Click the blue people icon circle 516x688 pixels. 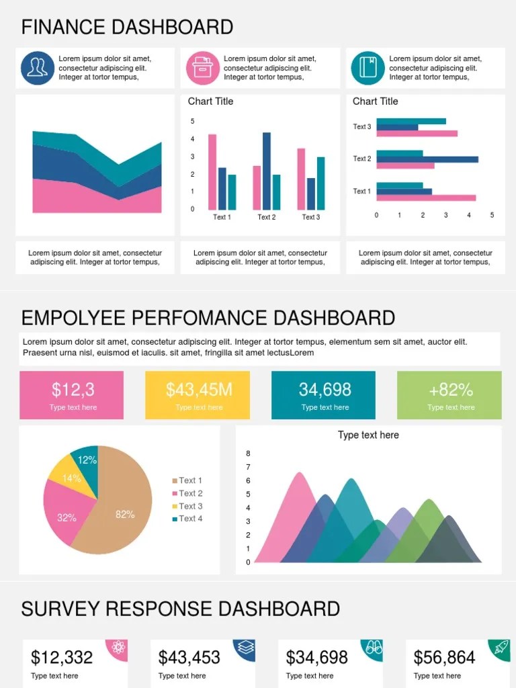click(x=38, y=68)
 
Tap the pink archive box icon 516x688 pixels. click(x=202, y=68)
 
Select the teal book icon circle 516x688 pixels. click(x=368, y=68)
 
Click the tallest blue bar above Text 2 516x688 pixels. click(x=267, y=171)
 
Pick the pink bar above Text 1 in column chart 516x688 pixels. click(x=212, y=172)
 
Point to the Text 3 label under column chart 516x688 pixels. click(x=310, y=217)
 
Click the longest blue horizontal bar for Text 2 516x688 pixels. click(x=427, y=159)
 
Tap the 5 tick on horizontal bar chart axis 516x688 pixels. click(x=492, y=215)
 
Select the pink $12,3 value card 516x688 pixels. click(x=72, y=395)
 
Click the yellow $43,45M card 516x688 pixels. click(x=198, y=395)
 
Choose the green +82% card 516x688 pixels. click(x=449, y=395)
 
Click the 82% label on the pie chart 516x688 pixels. click(x=125, y=515)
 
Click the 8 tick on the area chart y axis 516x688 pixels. click(x=248, y=454)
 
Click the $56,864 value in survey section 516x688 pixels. click(x=444, y=657)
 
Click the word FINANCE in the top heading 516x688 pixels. click(x=63, y=28)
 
